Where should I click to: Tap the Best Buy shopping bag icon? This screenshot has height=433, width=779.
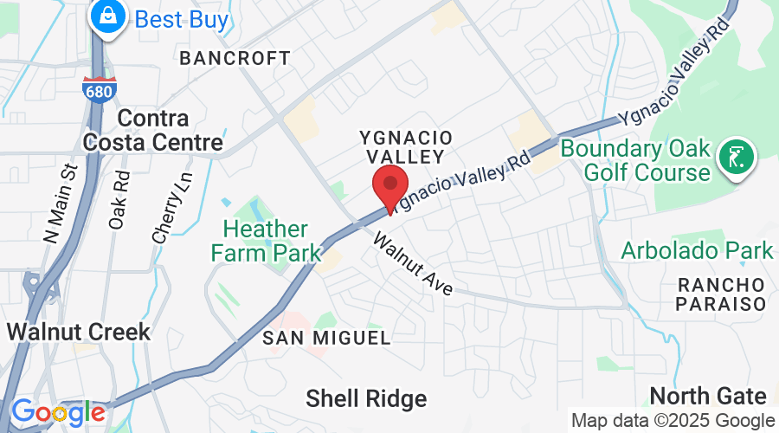click(109, 16)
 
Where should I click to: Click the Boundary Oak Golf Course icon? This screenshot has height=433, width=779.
click(737, 158)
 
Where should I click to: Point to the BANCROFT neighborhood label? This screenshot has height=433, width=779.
click(235, 58)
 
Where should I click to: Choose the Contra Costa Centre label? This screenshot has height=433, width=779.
click(170, 130)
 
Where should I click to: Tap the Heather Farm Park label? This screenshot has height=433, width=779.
click(266, 241)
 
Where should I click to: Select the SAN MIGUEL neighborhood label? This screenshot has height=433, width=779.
click(327, 337)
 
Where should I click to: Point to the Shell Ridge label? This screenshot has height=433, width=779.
click(366, 398)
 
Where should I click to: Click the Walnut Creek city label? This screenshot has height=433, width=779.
click(78, 331)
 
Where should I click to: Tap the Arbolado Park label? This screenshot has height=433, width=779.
click(697, 251)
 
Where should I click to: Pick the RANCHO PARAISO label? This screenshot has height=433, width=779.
click(723, 294)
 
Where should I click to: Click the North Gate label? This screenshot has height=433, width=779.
click(708, 397)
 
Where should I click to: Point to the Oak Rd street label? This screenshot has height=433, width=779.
click(120, 199)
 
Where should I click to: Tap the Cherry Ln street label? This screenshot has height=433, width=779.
click(172, 205)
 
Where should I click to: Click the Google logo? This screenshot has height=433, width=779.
click(58, 411)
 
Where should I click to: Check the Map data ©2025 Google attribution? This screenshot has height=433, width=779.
click(673, 420)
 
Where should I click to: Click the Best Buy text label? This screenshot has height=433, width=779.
click(180, 19)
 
